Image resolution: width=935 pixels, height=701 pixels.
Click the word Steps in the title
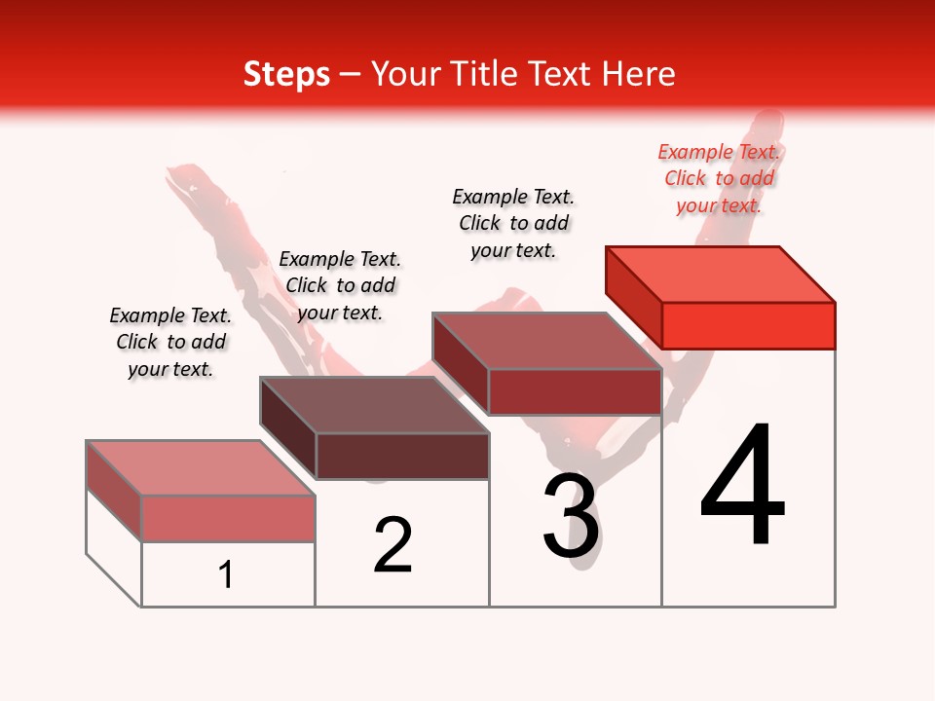click(286, 74)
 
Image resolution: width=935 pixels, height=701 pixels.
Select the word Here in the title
click(638, 74)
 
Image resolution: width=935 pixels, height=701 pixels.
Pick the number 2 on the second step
click(393, 545)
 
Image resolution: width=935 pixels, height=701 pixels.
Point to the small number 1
click(226, 574)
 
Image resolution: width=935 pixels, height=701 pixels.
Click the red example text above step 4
click(719, 179)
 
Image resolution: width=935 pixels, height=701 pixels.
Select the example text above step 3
click(513, 223)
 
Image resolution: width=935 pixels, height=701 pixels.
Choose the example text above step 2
click(340, 285)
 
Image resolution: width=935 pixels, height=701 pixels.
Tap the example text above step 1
click(170, 342)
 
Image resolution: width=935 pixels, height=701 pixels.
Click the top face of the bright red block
click(721, 274)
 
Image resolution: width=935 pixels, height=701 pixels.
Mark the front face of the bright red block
click(748, 325)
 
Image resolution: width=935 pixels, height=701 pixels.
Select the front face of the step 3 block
click(575, 392)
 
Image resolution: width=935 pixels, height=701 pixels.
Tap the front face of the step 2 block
click(402, 456)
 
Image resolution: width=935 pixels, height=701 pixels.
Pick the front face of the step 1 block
click(228, 518)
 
